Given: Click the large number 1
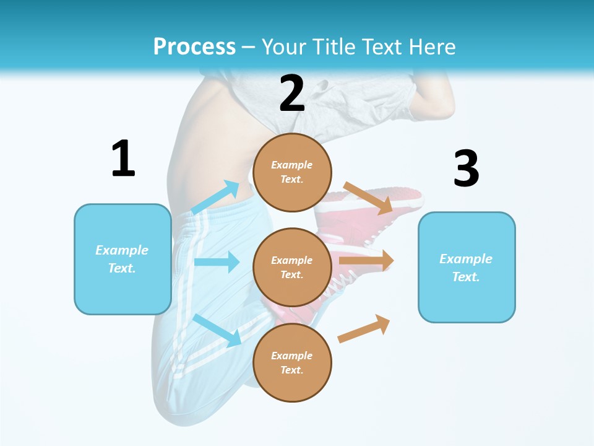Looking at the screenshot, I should pos(123,159).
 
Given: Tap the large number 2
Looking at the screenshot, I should pos(292,94).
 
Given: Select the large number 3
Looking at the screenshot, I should pos(466,168).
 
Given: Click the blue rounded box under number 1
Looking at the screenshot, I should pos(123,259).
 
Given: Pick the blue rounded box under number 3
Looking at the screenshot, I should pos(467,268).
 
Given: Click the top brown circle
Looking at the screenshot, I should pos(292,172).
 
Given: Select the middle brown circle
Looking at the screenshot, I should pos(292,267).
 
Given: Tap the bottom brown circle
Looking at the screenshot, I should pos(292,362).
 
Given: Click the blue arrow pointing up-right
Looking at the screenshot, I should pos(216,197).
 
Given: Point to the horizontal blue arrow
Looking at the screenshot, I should pos(217,262).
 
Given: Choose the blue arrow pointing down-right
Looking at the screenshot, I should pos(217,330).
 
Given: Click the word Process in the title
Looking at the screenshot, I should pos(194,46).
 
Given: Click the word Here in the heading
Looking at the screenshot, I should pos(432,46).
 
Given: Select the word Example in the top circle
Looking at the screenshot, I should pos(292,165).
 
